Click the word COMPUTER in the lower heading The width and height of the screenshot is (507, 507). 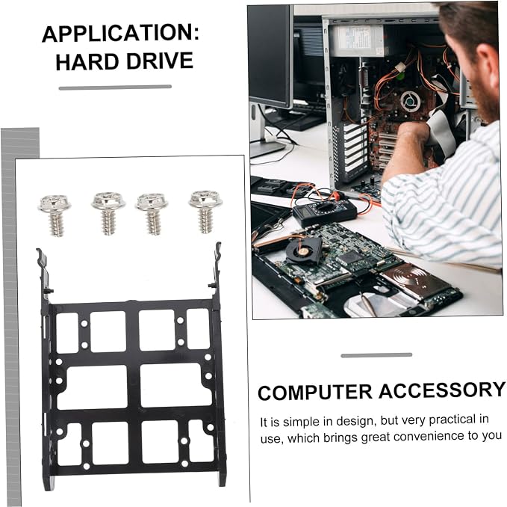314,392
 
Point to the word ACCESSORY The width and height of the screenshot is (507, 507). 442,390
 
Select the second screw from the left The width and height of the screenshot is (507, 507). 108,212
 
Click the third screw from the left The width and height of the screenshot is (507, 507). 152,213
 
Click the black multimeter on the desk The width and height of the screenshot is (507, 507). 324,212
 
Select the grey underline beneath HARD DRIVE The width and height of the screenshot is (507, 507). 115,87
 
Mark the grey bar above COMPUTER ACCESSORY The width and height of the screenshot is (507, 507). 376,355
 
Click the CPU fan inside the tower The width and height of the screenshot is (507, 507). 410,101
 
